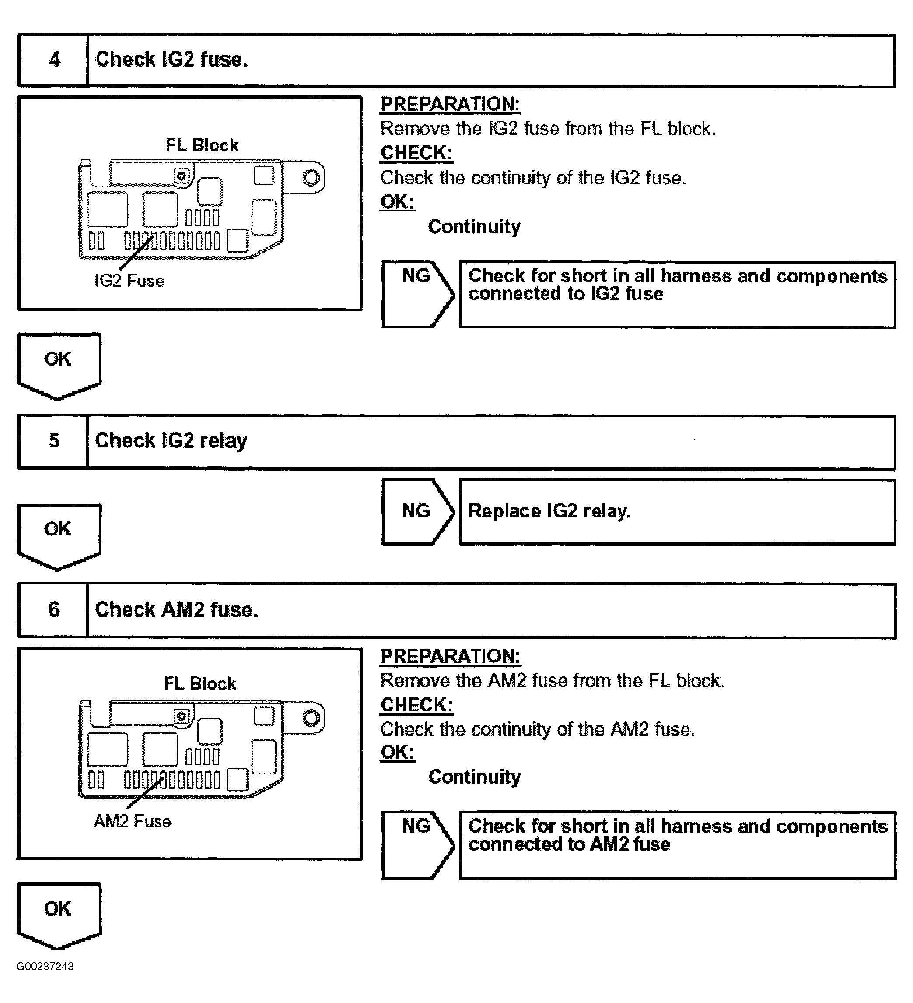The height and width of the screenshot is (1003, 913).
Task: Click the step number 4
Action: click(54, 60)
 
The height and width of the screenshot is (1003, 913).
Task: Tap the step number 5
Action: click(54, 441)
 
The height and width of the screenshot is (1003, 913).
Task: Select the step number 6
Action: click(54, 609)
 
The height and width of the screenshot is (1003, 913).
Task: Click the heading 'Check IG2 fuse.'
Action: click(171, 60)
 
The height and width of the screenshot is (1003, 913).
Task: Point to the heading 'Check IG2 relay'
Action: click(171, 441)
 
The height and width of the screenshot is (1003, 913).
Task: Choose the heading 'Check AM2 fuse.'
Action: click(177, 610)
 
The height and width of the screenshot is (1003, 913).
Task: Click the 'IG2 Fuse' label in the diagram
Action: click(129, 281)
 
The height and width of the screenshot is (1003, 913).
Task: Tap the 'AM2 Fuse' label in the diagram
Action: click(132, 821)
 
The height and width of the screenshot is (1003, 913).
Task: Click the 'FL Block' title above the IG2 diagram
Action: click(202, 145)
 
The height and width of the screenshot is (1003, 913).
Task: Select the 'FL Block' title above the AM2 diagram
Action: click(200, 683)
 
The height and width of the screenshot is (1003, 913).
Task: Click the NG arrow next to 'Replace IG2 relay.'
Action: click(417, 511)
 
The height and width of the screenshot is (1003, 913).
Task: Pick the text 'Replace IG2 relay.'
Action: click(549, 511)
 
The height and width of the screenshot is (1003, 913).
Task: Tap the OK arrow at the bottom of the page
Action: click(58, 913)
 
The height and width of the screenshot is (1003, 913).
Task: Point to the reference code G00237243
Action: click(45, 967)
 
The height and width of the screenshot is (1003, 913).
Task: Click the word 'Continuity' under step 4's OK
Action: click(474, 227)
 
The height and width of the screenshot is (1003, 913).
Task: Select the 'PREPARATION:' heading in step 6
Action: click(450, 656)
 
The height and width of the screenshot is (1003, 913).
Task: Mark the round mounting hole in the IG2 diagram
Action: click(312, 177)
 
